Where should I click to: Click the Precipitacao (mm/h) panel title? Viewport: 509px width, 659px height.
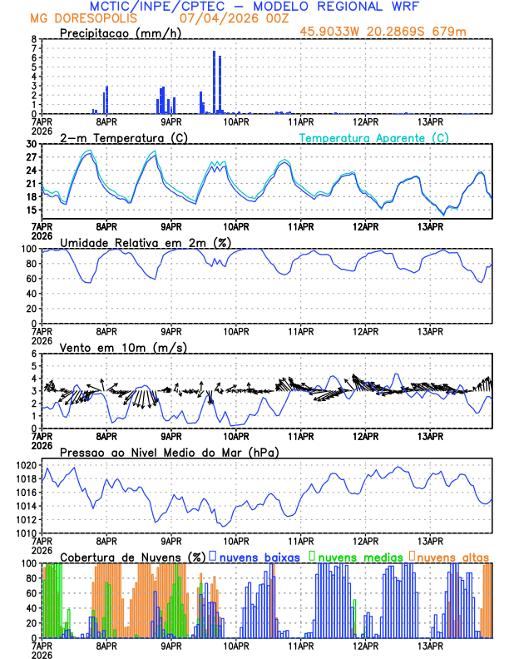click(121, 33)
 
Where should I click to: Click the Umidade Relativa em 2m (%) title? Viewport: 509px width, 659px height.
click(142, 242)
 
